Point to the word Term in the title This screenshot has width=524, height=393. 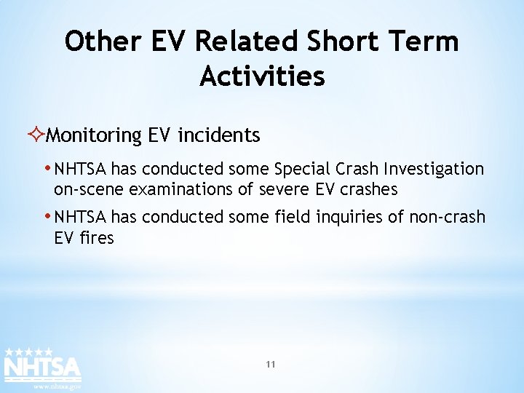click(x=426, y=41)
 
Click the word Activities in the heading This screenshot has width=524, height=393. click(x=262, y=76)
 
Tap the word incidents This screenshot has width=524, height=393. click(x=218, y=135)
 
